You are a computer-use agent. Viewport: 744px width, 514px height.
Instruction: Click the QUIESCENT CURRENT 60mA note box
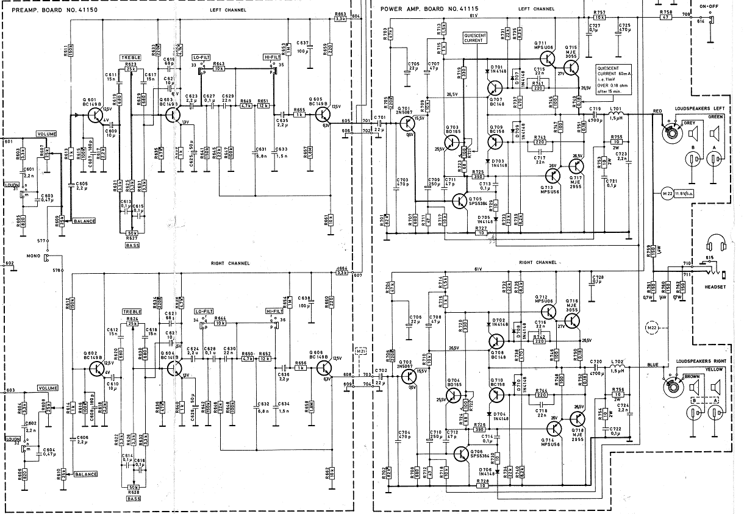[x=613, y=79]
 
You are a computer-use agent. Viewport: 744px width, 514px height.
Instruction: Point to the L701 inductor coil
[x=617, y=114]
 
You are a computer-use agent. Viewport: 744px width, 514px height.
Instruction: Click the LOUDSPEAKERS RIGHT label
[x=699, y=362]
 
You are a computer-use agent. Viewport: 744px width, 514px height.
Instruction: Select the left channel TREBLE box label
[x=130, y=57]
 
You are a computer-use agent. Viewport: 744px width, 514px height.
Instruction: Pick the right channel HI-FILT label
[x=274, y=311]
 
